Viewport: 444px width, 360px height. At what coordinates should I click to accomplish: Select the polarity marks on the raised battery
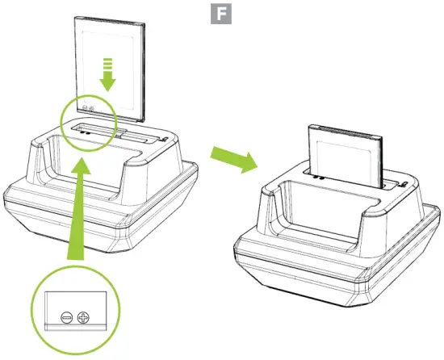[86, 107]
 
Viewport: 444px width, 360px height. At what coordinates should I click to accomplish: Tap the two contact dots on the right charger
[318, 178]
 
